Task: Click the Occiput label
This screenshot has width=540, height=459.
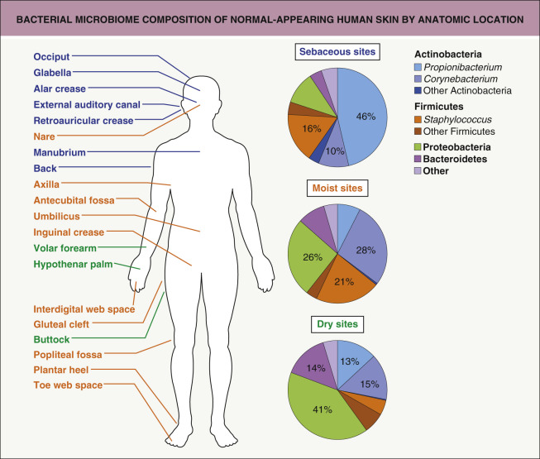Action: pos(52,57)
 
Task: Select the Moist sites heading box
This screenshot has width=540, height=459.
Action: pos(338,188)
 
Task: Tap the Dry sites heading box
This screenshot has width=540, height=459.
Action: pos(338,325)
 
